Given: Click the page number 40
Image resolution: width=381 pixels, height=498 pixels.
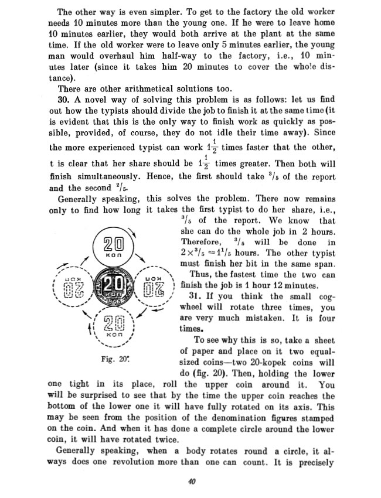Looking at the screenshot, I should (x=190, y=482).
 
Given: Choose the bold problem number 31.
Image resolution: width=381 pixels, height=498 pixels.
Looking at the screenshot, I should (x=197, y=296).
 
